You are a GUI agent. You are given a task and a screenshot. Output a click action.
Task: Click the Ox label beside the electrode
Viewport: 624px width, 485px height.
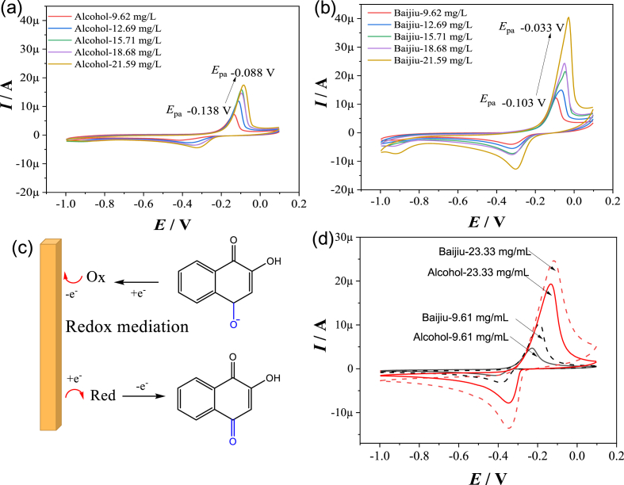96,281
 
